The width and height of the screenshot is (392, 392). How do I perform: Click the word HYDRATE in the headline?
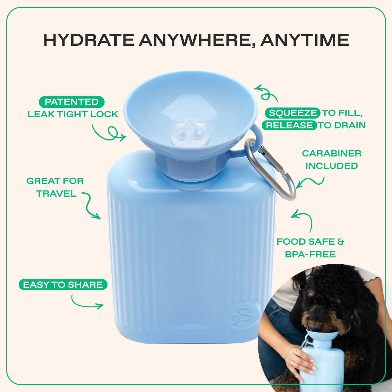point(89,40)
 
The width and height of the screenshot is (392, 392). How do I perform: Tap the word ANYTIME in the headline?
point(305,40)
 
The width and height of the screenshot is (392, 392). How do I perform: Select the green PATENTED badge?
point(72,102)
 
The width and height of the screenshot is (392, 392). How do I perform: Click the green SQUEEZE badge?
point(292,113)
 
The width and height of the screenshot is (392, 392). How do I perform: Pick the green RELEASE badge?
point(289,125)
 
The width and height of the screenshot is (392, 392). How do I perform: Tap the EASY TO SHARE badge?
point(63,285)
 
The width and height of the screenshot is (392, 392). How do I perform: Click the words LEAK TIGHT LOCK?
point(73,114)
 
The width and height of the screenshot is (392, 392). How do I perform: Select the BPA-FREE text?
point(310,254)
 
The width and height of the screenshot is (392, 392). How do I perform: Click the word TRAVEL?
point(57,193)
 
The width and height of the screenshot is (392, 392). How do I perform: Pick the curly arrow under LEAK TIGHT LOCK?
point(109,133)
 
